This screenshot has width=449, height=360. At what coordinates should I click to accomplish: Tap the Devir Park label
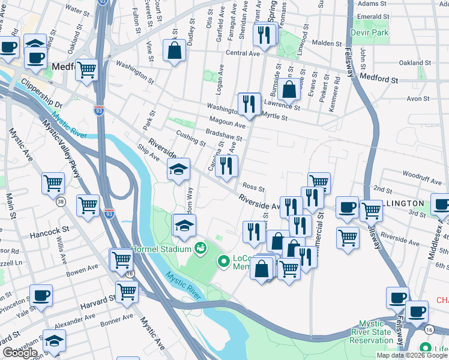[x=371, y=32]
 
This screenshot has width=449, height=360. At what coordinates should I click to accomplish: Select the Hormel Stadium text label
[x=162, y=248]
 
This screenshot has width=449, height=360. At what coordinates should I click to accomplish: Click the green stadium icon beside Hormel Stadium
[x=200, y=248]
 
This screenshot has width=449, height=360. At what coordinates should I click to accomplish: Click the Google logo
[x=20, y=353]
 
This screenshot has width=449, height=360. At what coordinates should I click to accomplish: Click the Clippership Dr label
[x=41, y=91]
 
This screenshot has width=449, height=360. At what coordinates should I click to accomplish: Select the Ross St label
[x=255, y=187]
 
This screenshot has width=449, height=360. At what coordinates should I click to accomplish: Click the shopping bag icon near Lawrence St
[x=289, y=89]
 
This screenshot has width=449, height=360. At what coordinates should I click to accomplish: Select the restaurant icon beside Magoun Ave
[x=248, y=104]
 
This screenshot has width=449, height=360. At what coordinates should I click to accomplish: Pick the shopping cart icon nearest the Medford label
[x=87, y=70]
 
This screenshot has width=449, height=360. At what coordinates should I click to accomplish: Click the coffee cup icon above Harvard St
[x=41, y=295]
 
